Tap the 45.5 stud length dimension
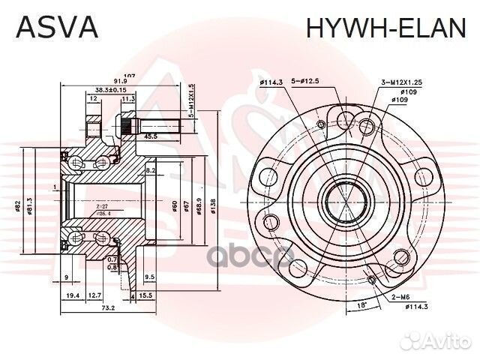[x=149, y=136]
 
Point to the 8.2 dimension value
[x=150, y=171]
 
